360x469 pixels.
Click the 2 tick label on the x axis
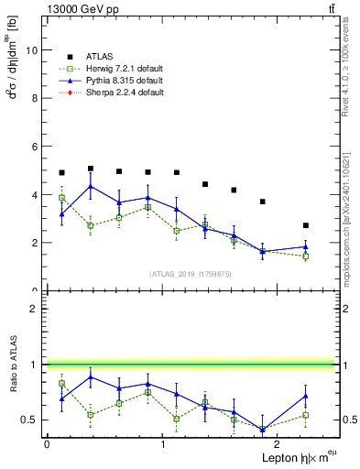pyautogui.click(x=280, y=444)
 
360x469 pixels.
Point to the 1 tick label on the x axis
pyautogui.click(x=163, y=444)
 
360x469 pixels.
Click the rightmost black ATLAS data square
pyautogui.click(x=306, y=225)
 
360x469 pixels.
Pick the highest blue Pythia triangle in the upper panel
pyautogui.click(x=91, y=187)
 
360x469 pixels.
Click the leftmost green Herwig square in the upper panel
pyautogui.click(x=61, y=198)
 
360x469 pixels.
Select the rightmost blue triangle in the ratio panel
pyautogui.click(x=306, y=396)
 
